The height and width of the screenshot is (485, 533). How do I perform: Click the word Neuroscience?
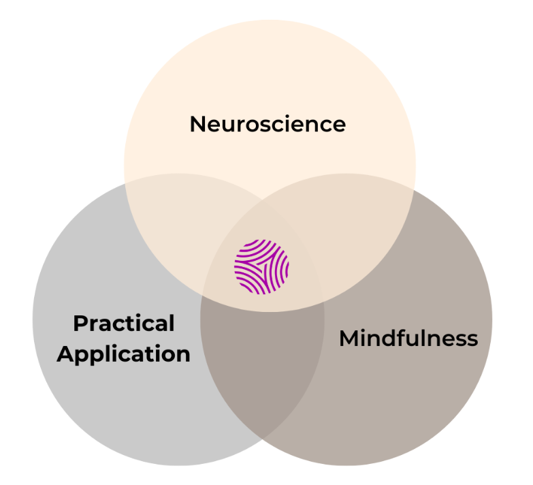coord(268,124)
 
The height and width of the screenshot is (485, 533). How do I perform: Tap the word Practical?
coord(124,323)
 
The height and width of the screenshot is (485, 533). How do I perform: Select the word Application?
coord(124,354)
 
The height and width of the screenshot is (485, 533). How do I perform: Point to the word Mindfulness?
coord(408,338)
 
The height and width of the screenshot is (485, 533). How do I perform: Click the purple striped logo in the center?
coord(261,266)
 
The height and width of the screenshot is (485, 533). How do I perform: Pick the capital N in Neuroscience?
coord(197,124)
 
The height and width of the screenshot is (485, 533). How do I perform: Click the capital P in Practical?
coord(80,323)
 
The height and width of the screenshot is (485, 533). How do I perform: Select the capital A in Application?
coord(65,354)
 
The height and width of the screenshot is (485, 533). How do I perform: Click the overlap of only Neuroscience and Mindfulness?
coord(354,225)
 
